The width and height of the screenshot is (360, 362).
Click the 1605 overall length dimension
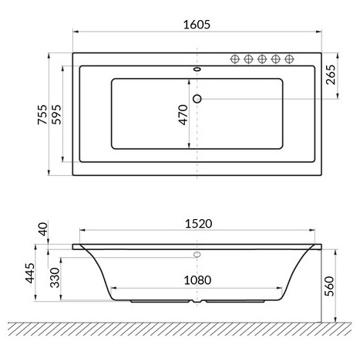[197, 23]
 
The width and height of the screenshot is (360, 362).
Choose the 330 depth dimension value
[55, 276]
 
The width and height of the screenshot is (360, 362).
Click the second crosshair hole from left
[249, 59]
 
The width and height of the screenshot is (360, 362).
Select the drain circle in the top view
[197, 98]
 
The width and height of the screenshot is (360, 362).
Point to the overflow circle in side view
[197, 254]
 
